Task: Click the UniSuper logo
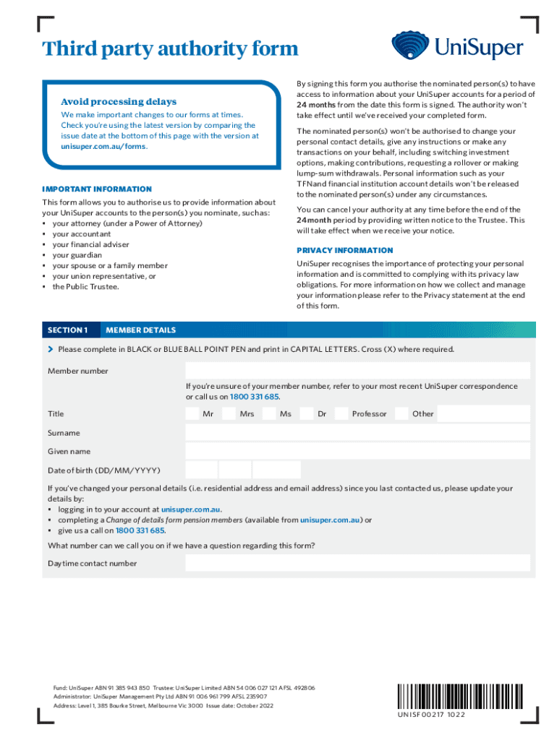457,46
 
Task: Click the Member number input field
357,371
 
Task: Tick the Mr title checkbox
192,414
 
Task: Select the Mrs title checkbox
229,414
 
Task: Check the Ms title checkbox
269,414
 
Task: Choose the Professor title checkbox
341,414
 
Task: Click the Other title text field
484,414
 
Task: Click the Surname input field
357,433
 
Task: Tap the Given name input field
357,452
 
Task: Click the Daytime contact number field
357,563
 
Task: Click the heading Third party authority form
170,49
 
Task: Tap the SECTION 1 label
67,330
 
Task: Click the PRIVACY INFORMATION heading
345,250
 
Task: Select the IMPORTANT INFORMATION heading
97,189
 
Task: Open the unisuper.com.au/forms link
103,147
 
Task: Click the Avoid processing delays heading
119,102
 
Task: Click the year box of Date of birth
278,470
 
